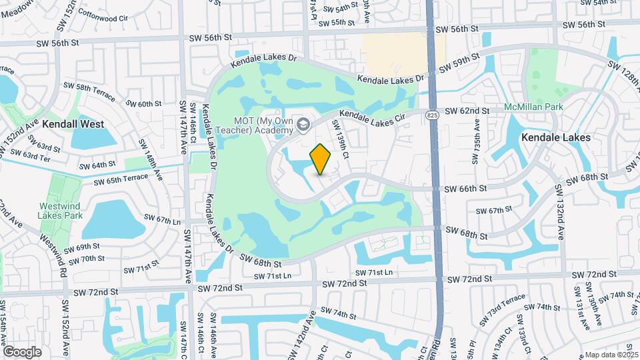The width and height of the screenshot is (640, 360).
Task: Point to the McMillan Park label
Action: click(533, 107)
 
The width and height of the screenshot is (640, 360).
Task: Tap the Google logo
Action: click(22, 351)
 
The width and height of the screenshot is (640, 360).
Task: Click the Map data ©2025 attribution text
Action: click(611, 355)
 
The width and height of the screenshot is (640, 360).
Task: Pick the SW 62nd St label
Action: click(467, 111)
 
